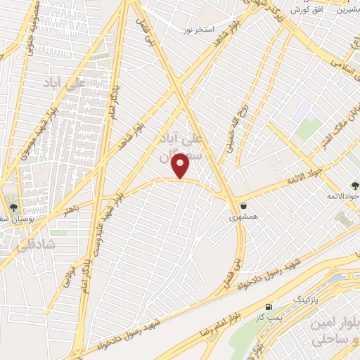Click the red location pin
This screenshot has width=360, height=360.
tap(182, 166)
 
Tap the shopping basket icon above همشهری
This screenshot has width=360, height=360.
tap(243, 206)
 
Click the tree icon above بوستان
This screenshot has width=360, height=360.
tap(13, 207)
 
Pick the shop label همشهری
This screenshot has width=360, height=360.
tap(243, 218)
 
